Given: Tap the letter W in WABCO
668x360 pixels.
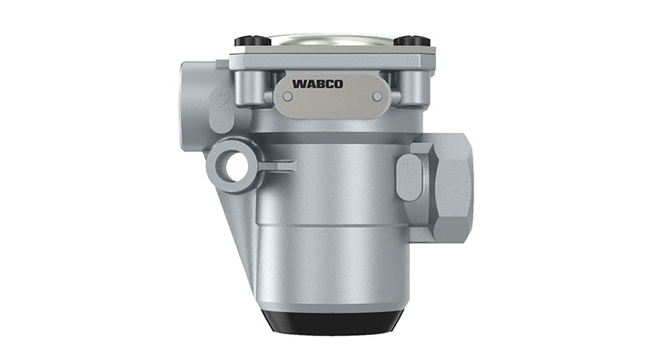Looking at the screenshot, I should [x=298, y=84].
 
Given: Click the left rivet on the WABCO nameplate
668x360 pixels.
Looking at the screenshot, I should [x=288, y=96].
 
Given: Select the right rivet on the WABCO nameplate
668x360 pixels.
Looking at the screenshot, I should [x=377, y=96].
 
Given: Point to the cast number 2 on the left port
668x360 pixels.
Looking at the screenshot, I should [x=222, y=104].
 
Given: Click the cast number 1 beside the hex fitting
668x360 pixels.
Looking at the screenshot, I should [x=407, y=171].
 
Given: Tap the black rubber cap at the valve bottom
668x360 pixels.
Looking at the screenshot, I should [x=331, y=321].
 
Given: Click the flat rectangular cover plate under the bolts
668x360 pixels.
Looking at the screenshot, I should [x=331, y=59].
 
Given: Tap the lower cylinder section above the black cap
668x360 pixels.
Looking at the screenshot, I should [x=331, y=267].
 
